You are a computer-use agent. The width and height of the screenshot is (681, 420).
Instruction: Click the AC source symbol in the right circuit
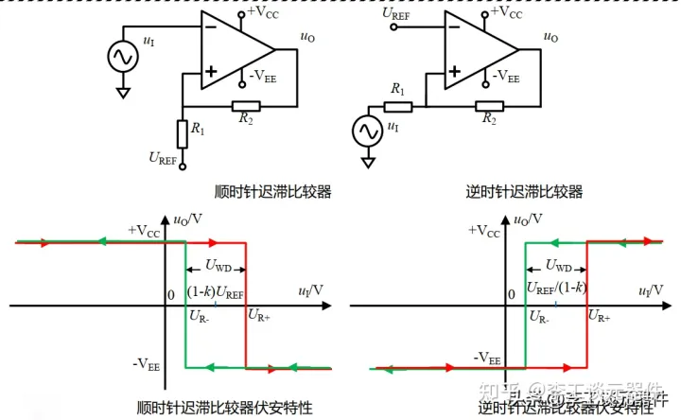pos(365,131)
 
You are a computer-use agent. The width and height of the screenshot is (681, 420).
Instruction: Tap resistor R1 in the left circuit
pos(182,133)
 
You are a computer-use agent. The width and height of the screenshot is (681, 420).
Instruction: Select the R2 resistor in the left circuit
pos(246,105)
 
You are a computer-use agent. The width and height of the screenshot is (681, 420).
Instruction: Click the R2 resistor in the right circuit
pos(489,105)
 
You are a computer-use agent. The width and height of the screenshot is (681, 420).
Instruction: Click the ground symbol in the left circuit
pos(121,93)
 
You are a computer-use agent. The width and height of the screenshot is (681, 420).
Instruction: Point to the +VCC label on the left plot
pos(144,230)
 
